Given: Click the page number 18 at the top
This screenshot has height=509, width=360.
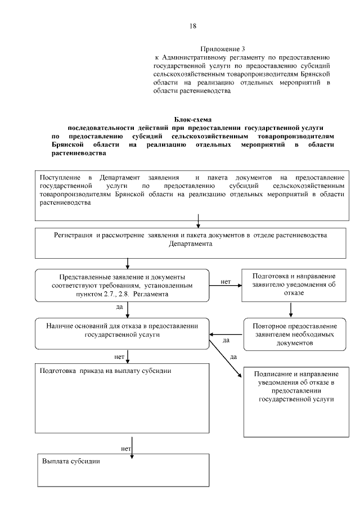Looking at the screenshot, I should (193, 26).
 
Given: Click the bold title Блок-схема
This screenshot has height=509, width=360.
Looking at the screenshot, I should (191, 120).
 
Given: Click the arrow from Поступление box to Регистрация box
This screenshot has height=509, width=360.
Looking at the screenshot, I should (198, 220).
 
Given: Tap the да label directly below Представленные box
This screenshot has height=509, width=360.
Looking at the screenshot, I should (119, 308).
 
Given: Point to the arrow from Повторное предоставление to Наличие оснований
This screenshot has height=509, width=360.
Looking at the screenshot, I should (226, 334).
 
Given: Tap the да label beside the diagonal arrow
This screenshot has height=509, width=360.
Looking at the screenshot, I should (233, 357).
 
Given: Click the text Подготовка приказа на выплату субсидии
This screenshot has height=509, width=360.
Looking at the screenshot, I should (106, 372).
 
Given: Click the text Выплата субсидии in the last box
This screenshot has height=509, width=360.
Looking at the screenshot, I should (71, 461).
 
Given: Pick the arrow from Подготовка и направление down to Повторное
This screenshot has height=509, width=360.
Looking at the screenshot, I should (291, 309).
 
